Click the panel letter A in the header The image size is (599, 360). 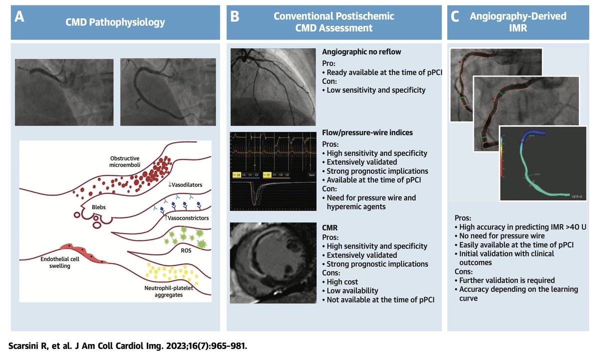click(19, 17)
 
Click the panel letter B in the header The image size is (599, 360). click(235, 17)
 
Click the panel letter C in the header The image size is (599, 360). click(455, 17)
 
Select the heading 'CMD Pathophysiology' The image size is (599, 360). click(116, 22)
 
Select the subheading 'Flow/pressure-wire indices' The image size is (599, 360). click(367, 133)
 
